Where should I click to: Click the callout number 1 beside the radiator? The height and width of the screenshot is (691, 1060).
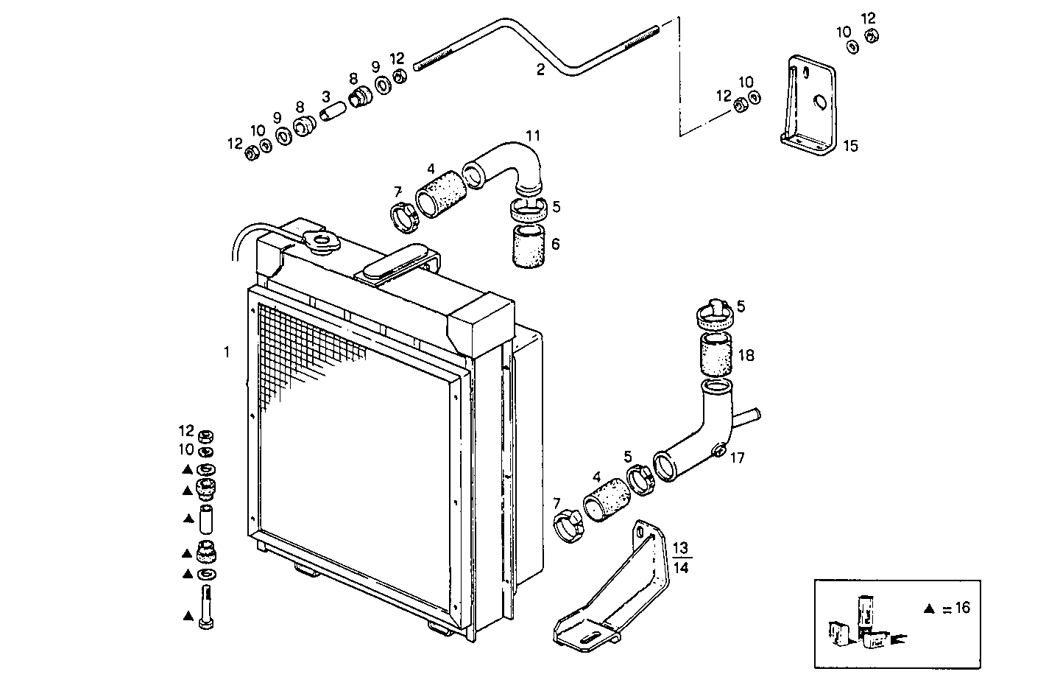227,353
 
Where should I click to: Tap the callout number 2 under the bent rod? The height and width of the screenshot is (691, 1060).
540,70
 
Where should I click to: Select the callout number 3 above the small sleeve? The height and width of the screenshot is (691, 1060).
325,97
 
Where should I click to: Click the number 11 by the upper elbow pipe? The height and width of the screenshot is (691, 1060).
532,136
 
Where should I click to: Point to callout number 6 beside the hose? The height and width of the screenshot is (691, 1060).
555,243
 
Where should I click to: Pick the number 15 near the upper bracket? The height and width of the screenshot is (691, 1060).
850,146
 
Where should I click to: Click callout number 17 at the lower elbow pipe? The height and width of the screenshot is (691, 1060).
737,458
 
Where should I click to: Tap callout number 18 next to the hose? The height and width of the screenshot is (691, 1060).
746,356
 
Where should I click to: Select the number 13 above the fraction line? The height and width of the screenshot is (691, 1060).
681,547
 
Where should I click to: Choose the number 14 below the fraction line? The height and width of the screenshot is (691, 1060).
681,567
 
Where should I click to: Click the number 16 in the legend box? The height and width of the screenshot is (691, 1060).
960,608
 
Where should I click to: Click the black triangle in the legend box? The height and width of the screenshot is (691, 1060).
929,608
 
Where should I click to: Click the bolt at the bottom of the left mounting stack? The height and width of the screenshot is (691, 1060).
206,608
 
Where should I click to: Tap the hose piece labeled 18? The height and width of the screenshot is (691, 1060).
715,356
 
